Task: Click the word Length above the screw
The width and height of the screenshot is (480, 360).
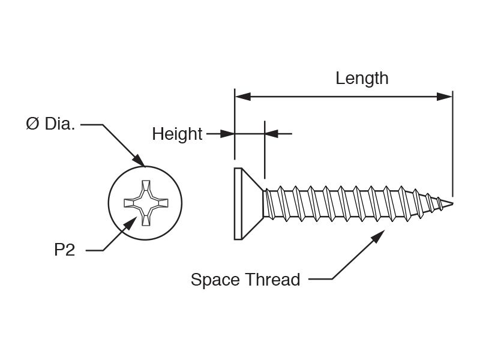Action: (362, 79)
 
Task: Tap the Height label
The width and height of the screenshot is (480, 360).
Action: (177, 134)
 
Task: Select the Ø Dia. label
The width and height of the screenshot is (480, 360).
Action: (50, 124)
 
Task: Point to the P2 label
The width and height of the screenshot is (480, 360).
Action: (65, 250)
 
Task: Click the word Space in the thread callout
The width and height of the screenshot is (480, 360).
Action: (215, 280)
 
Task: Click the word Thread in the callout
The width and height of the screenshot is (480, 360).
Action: (273, 280)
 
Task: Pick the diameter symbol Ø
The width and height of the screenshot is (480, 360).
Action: (33, 124)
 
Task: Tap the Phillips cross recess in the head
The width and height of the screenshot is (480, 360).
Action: (146, 203)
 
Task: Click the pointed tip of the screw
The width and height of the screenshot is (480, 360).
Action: (452, 203)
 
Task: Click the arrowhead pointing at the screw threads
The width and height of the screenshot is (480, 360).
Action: (379, 236)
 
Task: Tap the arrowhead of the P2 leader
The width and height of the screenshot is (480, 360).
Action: (131, 223)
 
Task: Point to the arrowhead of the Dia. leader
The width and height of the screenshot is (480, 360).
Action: (139, 161)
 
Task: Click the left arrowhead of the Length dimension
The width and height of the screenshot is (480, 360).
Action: (243, 97)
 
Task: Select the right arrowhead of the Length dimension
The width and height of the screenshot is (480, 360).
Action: (445, 97)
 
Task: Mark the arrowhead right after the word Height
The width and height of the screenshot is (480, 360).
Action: (227, 134)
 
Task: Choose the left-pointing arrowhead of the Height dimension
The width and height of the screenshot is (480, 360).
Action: (271, 134)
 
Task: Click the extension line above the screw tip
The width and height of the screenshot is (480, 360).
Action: (452, 143)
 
